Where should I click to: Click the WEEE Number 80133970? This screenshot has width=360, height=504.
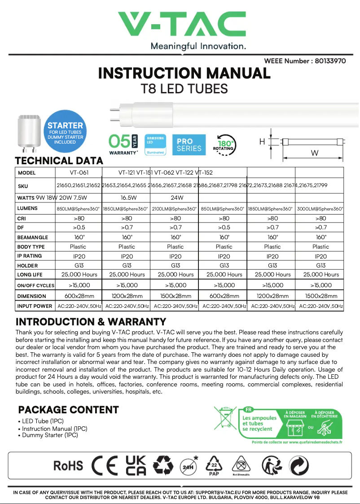305,61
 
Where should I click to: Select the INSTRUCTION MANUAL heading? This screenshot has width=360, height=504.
184,73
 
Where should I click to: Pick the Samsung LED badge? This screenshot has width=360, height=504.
155,145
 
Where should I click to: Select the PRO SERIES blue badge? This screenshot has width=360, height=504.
189,145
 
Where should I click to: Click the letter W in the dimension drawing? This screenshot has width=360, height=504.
315,153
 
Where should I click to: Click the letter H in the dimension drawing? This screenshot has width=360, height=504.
262,142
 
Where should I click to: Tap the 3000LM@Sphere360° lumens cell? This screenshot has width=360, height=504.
320,209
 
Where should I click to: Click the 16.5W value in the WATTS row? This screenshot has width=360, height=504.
127,197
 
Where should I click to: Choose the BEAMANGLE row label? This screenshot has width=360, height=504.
33,237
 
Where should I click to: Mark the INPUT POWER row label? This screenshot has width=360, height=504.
35,306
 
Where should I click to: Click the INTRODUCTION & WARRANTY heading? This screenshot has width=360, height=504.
91,322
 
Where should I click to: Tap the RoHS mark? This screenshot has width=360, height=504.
68,465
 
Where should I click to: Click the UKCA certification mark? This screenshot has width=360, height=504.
135,465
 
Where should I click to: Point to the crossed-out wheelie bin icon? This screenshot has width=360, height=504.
224,418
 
